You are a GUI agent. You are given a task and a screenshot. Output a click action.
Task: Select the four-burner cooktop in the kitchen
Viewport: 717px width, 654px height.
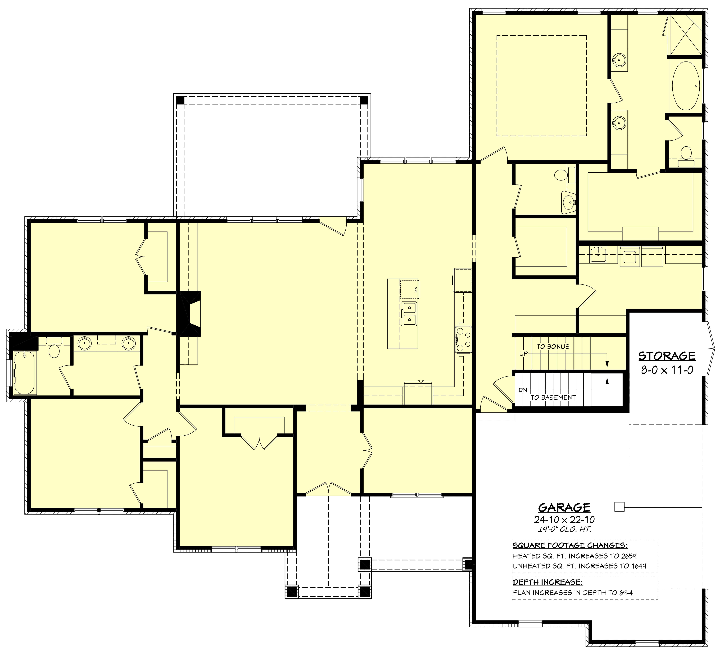pyautogui.click(x=463, y=340)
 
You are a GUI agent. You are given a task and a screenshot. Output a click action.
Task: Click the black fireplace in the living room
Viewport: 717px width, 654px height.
pyautogui.click(x=189, y=313)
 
